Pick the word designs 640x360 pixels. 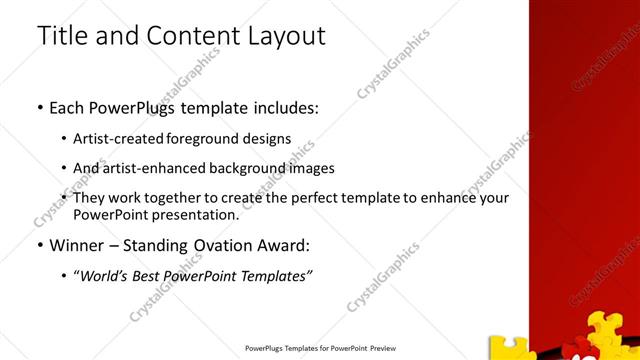[268, 138]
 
